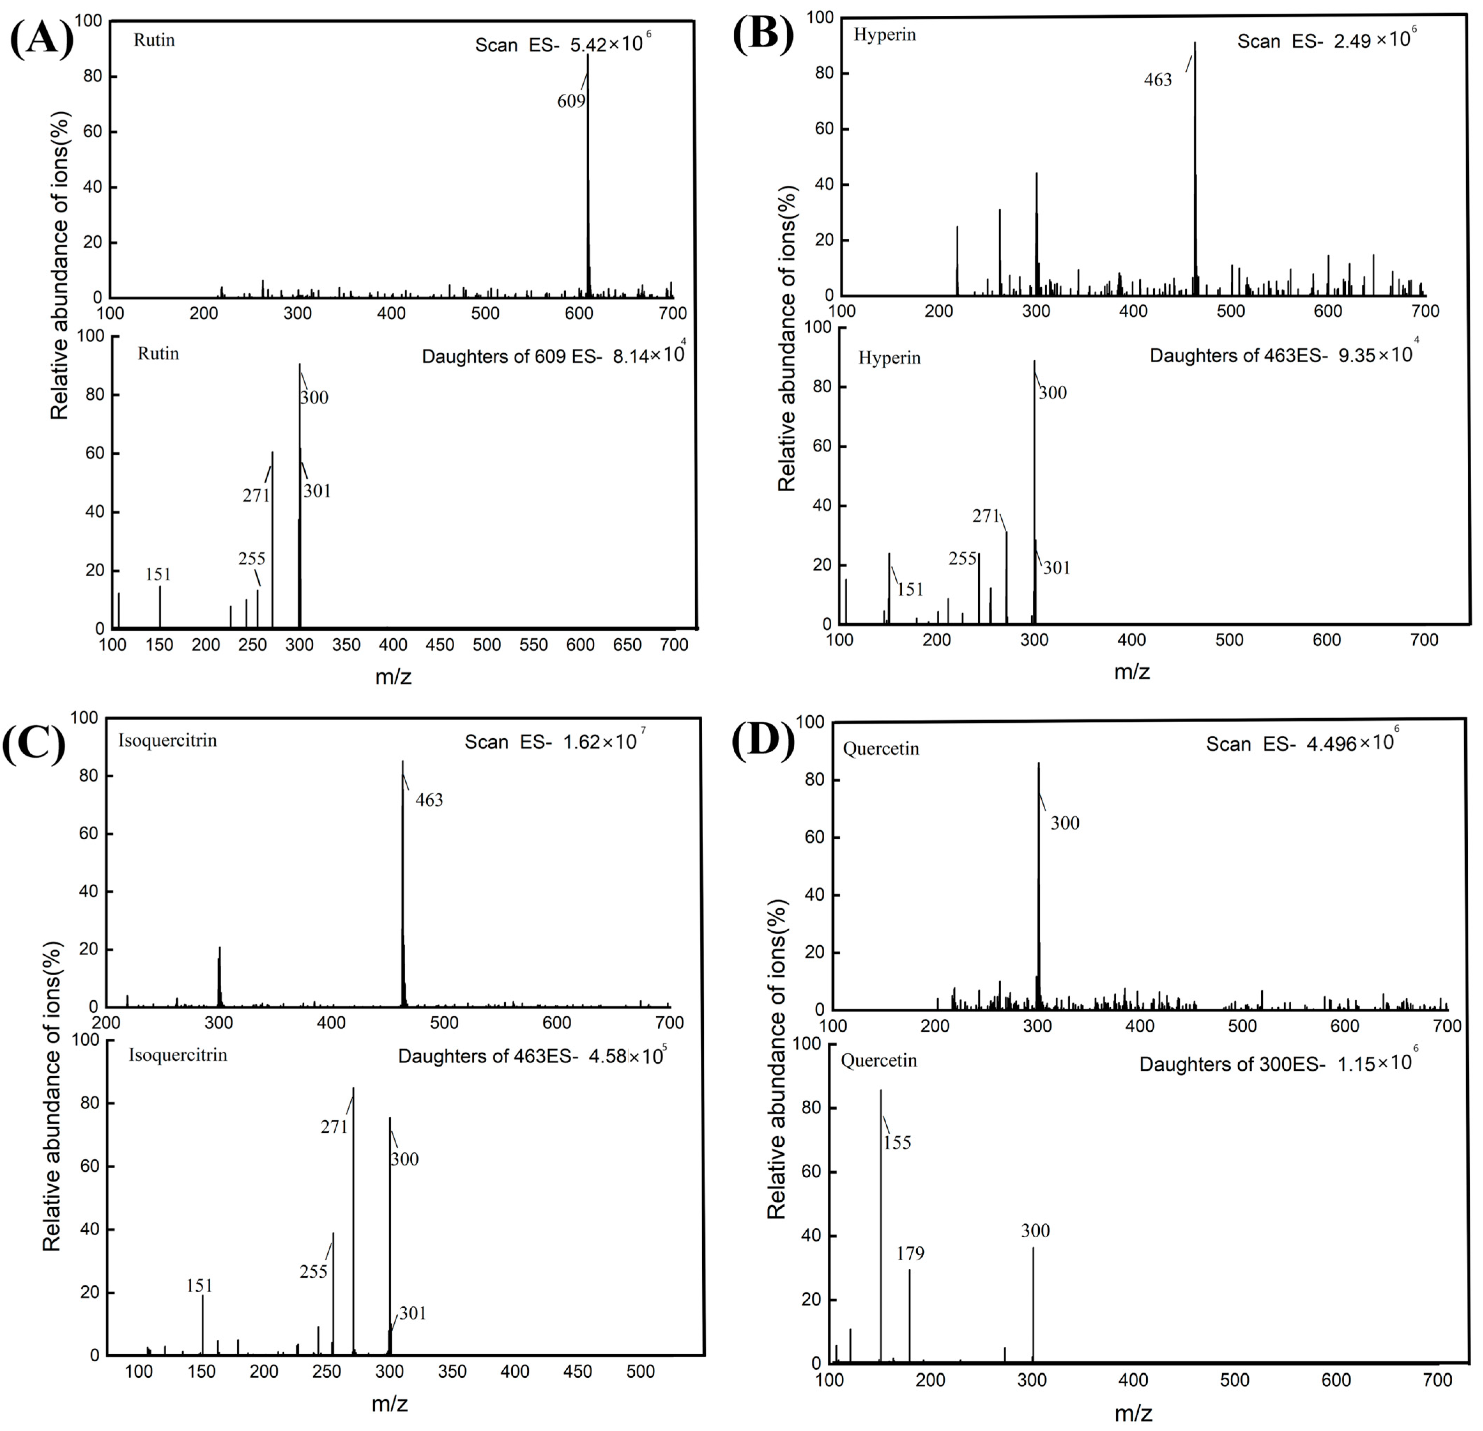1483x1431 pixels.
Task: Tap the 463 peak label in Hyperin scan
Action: point(1158,79)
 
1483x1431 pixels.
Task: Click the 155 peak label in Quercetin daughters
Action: point(897,1142)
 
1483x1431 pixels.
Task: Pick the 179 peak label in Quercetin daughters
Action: point(910,1253)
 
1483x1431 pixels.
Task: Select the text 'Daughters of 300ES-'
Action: point(1232,1064)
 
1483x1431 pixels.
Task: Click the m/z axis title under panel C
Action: point(390,1404)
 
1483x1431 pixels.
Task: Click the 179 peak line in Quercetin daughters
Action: point(909,1316)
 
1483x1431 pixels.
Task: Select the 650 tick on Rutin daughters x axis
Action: point(627,644)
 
